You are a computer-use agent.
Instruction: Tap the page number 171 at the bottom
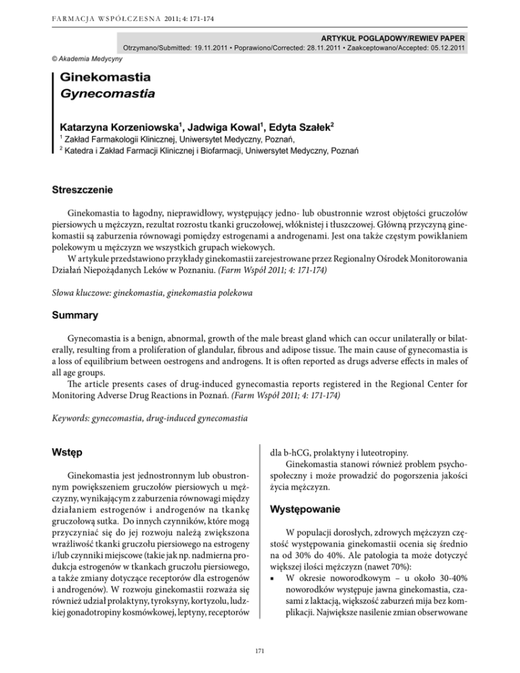260,651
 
